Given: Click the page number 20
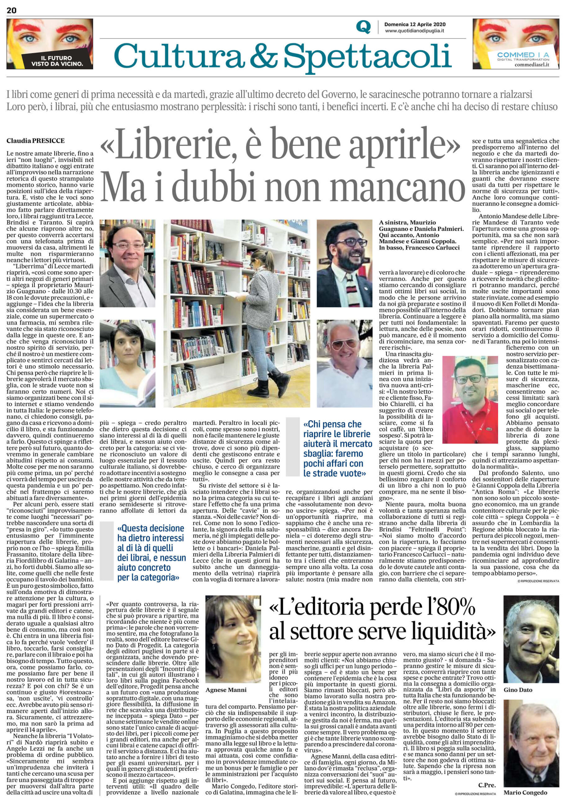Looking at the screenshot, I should (11, 10).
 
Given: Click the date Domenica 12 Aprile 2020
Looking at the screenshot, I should (415, 24).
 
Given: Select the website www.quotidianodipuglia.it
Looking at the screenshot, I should (414, 31).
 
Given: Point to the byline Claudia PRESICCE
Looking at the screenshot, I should (35, 141).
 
